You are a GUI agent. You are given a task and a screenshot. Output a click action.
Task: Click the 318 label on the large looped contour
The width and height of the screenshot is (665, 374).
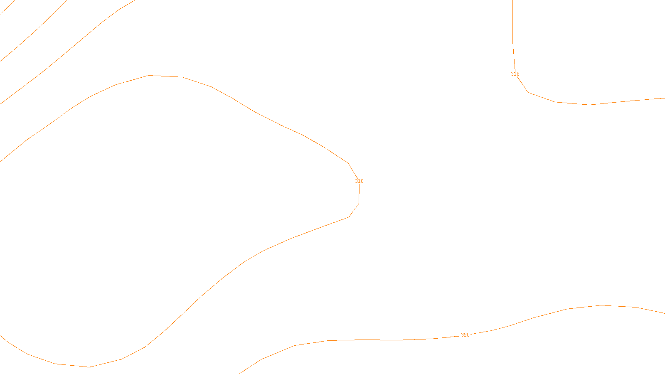[359, 181]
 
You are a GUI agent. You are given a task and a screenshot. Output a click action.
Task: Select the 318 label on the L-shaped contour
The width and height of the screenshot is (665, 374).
[515, 74]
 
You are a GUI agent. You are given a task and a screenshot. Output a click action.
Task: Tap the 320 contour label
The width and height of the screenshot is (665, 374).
[465, 335]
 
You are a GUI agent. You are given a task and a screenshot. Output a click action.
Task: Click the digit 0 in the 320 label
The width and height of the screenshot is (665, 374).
[468, 335]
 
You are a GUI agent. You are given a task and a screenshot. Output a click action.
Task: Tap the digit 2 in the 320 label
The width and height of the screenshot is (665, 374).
[465, 335]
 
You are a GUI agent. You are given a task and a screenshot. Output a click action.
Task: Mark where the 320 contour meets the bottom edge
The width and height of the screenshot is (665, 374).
[239, 373]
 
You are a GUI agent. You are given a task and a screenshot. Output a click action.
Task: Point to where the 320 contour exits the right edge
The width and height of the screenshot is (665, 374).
[664, 313]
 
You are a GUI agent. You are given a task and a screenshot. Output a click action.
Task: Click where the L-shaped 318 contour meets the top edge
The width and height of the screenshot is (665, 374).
[512, 1]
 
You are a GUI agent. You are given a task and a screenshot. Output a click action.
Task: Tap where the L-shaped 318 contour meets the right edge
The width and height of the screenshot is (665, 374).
[664, 98]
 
